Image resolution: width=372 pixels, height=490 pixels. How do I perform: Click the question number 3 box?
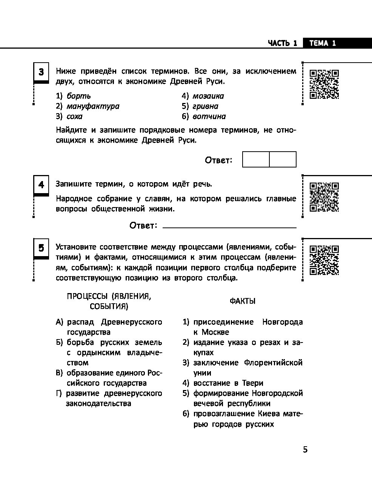tap(41, 72)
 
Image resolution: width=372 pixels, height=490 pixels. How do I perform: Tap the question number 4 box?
tap(41, 185)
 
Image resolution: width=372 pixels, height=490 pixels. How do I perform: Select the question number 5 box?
tap(41, 248)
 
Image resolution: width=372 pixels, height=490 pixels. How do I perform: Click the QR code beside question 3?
tap(324, 84)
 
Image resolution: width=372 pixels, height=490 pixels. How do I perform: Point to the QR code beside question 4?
tap(324, 197)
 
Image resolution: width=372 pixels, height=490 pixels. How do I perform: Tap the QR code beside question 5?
tap(324, 260)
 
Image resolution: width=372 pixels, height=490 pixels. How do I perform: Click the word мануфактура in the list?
tap(93, 106)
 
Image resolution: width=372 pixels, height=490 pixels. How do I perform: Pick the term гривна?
tap(205, 106)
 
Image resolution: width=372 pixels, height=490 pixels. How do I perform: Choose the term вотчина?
tap(209, 117)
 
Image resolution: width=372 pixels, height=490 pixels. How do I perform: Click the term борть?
tap(78, 96)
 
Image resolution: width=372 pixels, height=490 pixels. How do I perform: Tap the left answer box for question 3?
tap(256, 160)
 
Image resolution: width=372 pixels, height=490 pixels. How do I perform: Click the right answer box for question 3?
tap(283, 160)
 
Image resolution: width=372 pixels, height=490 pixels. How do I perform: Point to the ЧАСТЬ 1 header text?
tap(283, 43)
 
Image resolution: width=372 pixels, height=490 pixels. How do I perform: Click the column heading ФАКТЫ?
tap(242, 301)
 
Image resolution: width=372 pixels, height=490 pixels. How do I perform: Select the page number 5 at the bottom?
tap(305, 450)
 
